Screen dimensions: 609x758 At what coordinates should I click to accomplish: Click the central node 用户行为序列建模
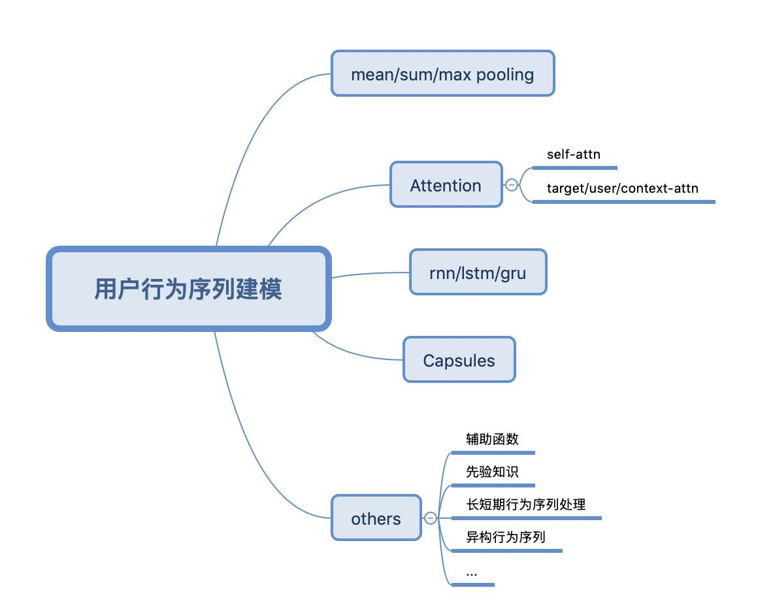[188, 288]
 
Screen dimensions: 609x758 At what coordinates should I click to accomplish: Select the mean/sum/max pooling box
[442, 74]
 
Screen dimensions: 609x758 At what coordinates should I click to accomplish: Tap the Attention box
[446, 185]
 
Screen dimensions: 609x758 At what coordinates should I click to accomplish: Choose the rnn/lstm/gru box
[478, 272]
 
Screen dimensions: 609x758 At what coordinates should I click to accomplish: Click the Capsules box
[459, 360]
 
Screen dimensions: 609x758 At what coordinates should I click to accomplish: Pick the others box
[376, 518]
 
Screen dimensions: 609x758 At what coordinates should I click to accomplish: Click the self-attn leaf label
[573, 155]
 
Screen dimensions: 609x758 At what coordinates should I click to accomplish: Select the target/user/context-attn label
[622, 189]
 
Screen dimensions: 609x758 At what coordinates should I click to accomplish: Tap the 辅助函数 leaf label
[492, 439]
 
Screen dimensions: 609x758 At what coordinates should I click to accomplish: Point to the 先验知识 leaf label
[492, 472]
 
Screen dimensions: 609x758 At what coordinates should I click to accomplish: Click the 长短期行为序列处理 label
[525, 504]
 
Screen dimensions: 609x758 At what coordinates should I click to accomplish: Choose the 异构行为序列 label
[505, 537]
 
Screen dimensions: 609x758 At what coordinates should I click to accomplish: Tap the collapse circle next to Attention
[512, 185]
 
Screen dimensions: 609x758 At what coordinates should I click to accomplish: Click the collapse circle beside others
[430, 518]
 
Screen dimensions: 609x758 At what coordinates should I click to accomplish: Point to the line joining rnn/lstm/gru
[369, 274]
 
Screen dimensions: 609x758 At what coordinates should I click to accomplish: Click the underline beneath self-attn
[574, 168]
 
